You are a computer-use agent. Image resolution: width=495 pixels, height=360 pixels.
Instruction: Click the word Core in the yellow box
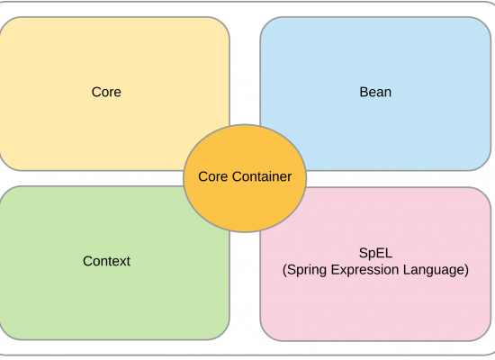pos(106,92)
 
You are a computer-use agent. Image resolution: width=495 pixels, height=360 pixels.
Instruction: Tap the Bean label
pos(375,92)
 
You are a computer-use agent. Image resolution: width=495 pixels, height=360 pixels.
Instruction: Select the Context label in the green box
pos(106,261)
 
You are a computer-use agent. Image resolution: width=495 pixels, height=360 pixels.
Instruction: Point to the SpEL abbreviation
pos(375,254)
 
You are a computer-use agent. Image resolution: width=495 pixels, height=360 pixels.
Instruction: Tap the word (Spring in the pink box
pos(304,270)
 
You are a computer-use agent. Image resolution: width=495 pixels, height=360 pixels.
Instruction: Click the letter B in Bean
pos(364,92)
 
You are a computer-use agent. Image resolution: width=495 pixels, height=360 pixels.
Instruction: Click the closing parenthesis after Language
pos(466,270)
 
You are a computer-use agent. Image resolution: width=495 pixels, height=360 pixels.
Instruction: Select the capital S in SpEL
pos(363,253)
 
